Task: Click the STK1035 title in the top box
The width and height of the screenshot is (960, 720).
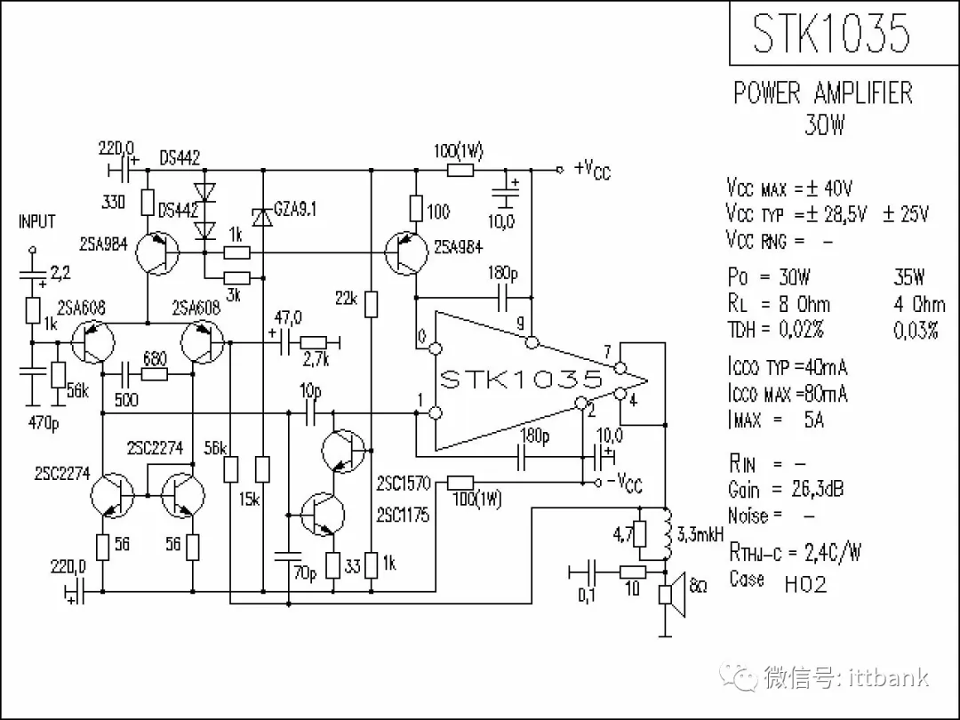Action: click(x=831, y=33)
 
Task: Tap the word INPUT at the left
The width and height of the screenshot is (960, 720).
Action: click(x=36, y=221)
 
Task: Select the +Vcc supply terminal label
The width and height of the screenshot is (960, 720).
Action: click(x=592, y=169)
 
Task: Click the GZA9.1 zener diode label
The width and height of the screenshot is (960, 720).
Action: click(x=296, y=210)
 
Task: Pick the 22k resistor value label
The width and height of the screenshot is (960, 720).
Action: click(x=347, y=299)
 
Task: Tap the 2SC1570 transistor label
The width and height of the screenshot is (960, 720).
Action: click(x=403, y=484)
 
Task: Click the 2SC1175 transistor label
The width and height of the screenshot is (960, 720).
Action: click(x=403, y=515)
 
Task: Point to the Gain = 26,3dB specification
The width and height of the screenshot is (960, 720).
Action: click(x=786, y=489)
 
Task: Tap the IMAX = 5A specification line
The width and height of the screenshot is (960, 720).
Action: click(x=776, y=420)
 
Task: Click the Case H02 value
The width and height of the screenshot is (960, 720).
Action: click(x=805, y=584)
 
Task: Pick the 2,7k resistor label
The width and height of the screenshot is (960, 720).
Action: click(x=316, y=360)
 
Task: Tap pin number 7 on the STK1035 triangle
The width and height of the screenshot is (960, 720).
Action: click(x=607, y=353)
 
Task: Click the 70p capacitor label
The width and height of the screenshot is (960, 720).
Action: click(x=304, y=573)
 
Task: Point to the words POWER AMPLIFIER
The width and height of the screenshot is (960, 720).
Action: click(x=822, y=93)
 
